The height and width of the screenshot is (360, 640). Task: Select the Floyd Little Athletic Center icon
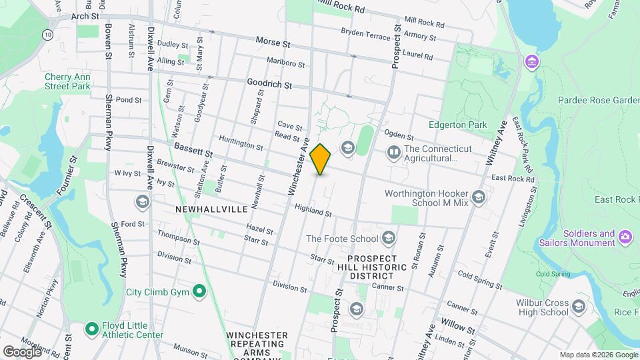point(91,329)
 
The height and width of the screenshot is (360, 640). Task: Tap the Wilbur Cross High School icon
point(578,307)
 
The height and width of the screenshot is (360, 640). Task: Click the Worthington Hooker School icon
point(478,198)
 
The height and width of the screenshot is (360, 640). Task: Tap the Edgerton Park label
point(457,125)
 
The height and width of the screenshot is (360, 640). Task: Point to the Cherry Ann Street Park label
point(67,81)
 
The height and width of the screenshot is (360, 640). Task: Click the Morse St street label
point(273,42)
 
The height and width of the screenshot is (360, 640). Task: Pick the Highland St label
point(313,210)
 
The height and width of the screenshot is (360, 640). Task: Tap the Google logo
point(22,351)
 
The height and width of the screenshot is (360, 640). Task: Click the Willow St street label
point(458,329)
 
